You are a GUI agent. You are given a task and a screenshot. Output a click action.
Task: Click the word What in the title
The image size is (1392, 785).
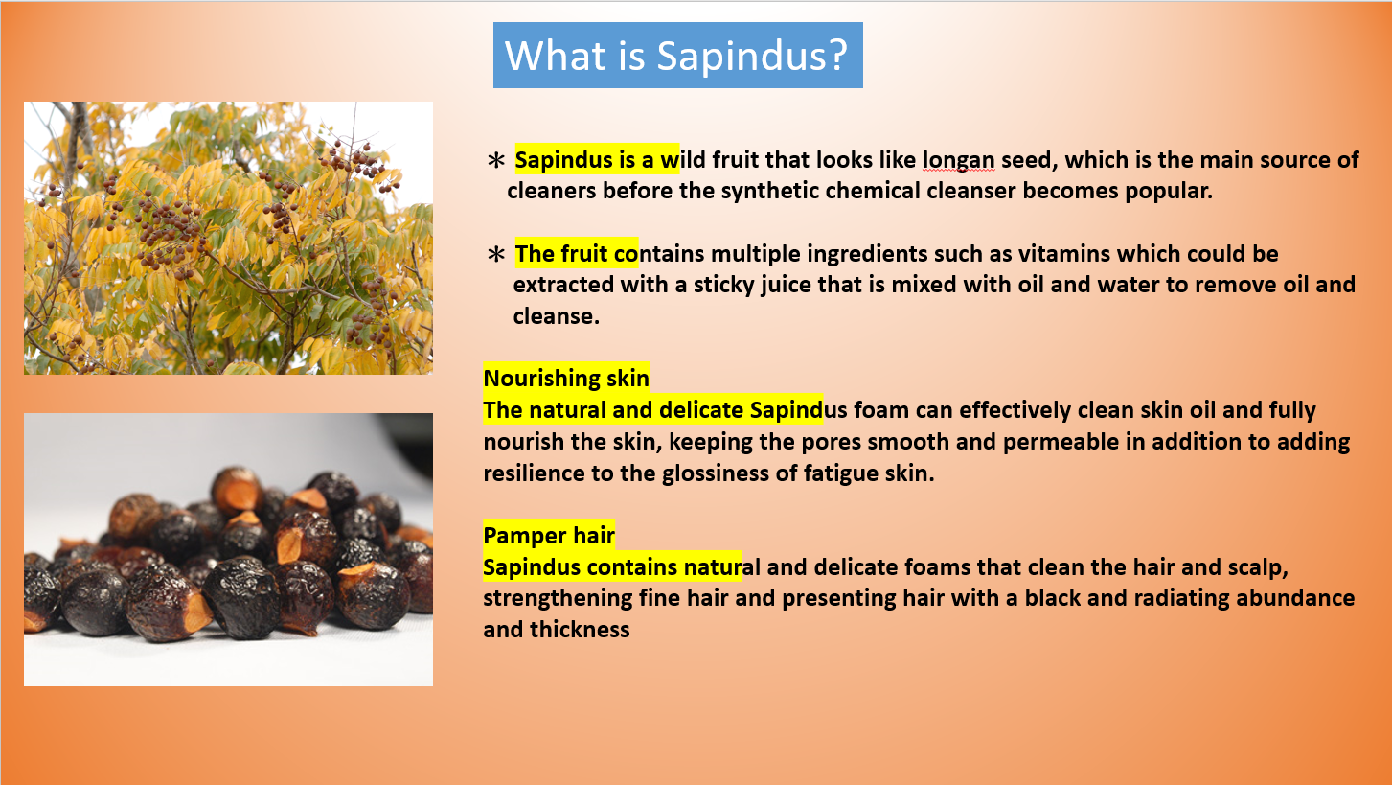(x=555, y=56)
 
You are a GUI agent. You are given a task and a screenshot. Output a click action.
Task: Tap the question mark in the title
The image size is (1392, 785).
(x=838, y=55)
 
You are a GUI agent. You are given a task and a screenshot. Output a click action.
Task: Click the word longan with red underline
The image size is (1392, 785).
(x=958, y=160)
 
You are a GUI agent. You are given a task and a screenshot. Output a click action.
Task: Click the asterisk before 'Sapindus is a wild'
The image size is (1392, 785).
(x=496, y=160)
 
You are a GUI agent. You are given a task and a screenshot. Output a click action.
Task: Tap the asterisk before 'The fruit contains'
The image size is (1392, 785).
(x=496, y=254)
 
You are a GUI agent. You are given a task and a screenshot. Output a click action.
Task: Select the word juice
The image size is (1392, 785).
(x=786, y=286)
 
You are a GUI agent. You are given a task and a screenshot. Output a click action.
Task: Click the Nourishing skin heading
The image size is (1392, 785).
(x=566, y=378)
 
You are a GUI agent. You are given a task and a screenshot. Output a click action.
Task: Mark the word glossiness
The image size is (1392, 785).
(x=715, y=473)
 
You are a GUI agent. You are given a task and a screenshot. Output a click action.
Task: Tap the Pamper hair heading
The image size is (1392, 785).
(x=549, y=535)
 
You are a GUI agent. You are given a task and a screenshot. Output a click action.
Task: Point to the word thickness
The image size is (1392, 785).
(x=580, y=630)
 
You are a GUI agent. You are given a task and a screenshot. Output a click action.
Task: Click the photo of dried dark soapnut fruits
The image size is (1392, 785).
(x=228, y=549)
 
